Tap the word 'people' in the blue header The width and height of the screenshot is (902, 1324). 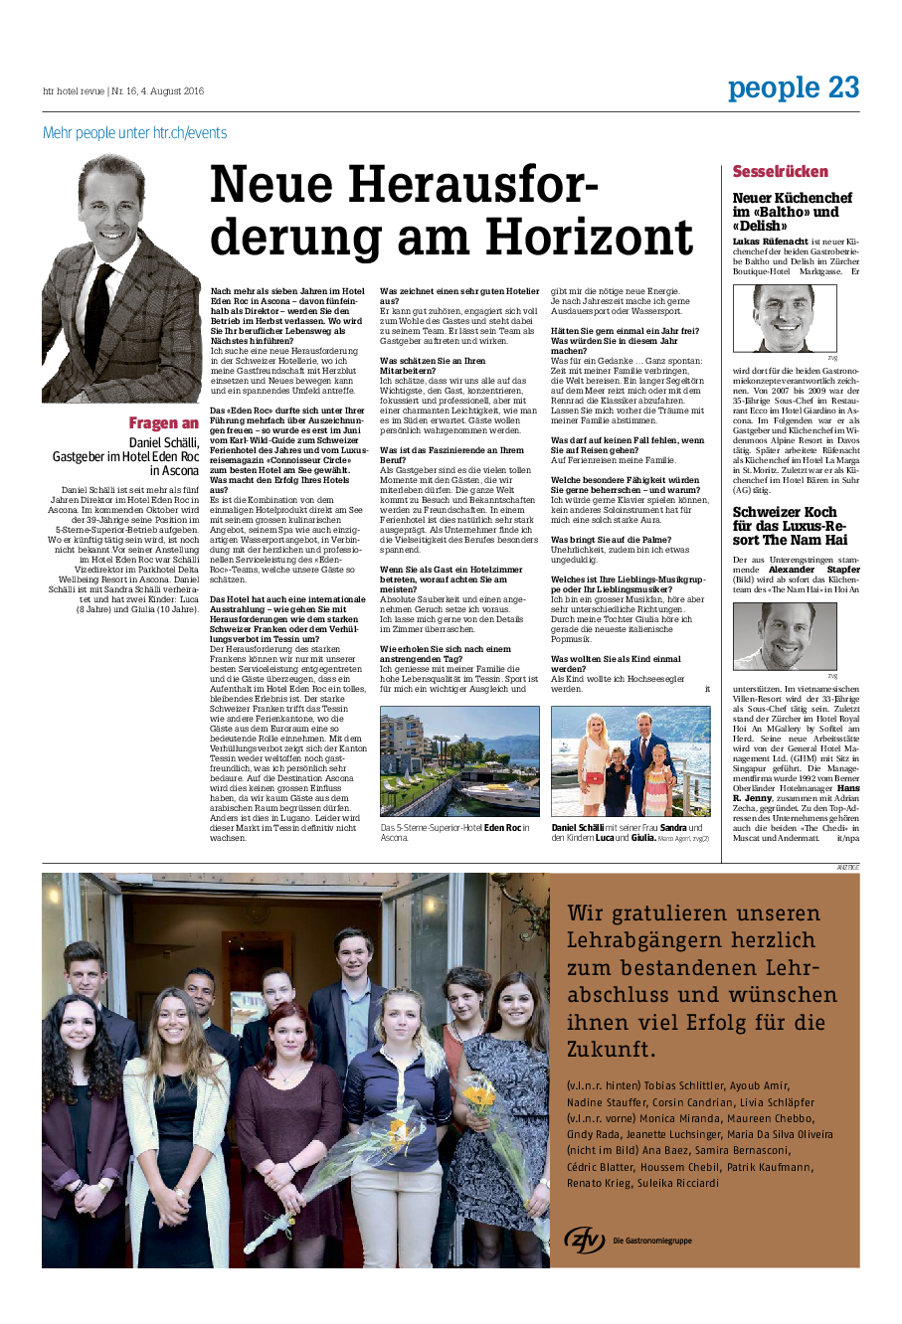click(x=774, y=88)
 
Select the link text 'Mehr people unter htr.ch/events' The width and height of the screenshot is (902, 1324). click(x=134, y=133)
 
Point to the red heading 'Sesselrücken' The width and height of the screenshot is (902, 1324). click(x=781, y=171)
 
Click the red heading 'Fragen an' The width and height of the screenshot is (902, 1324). click(x=163, y=423)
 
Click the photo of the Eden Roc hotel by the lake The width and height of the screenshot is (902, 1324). click(x=459, y=761)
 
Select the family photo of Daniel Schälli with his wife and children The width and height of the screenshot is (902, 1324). click(x=631, y=761)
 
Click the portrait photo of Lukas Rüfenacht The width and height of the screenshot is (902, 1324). click(x=785, y=317)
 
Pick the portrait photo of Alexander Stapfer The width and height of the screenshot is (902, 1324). click(x=785, y=636)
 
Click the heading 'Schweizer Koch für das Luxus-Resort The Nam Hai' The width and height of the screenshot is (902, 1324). click(x=790, y=526)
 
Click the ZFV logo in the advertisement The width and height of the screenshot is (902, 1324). click(x=585, y=1239)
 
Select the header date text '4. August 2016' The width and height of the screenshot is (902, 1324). click(x=172, y=91)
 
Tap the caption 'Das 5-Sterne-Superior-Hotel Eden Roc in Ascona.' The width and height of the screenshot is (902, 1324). click(x=455, y=832)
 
